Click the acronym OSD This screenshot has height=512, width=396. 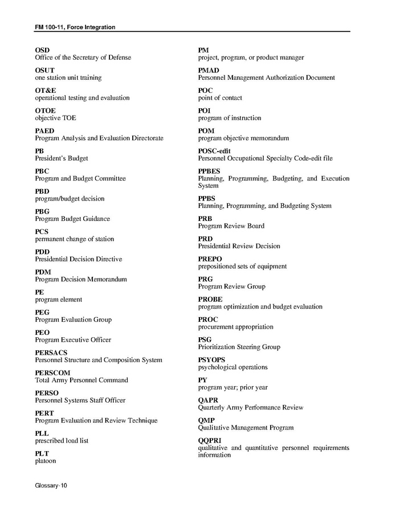tap(42, 50)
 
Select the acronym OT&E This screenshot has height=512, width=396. tap(46, 91)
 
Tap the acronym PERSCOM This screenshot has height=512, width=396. tap(52, 373)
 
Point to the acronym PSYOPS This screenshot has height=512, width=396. tap(211, 360)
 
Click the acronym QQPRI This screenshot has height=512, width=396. tap(210, 441)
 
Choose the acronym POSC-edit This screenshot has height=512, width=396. tap(215, 151)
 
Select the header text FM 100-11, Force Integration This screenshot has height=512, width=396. tap(75, 27)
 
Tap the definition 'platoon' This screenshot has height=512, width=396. tap(47, 461)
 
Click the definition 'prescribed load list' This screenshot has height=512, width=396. tap(62, 441)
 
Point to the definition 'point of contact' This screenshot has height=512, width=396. tap(220, 98)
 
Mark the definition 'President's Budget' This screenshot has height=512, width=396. tap(62, 158)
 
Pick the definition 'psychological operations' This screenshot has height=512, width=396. tap(232, 367)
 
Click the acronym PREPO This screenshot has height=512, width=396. tap(210, 259)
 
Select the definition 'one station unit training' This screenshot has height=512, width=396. tap(68, 77)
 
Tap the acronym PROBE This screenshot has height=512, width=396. tap(210, 300)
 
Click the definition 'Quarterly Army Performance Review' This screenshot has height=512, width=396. tap(250, 408)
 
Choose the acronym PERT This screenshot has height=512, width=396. tap(44, 413)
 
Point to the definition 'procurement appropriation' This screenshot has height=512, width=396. tap(235, 327)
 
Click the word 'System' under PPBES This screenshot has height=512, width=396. tap(208, 186)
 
